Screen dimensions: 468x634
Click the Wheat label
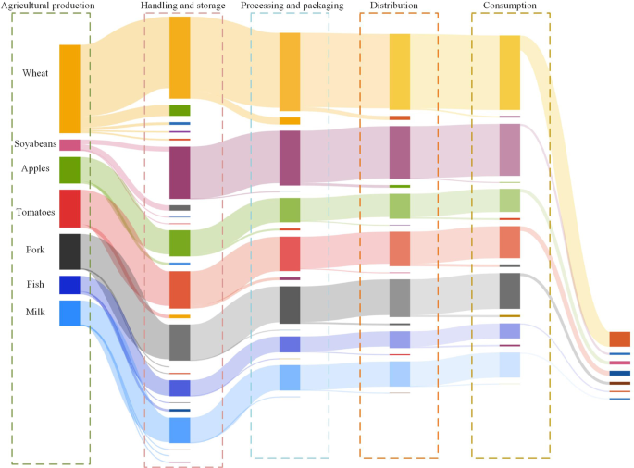pos(36,73)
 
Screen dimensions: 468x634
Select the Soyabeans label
pos(35,143)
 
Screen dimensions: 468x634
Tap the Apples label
pos(36,168)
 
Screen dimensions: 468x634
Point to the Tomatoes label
pos(36,212)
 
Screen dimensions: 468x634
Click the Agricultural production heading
pos(48,6)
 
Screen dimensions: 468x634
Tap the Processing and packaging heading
pos(292,6)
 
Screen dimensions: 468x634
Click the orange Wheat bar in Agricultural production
pos(69,89)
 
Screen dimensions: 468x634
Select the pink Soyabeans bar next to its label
pos(69,144)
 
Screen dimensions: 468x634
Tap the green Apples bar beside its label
pos(69,170)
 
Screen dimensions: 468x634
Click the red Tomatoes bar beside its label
pos(69,208)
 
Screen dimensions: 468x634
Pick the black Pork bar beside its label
pos(69,252)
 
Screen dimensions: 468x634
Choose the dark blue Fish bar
pos(69,285)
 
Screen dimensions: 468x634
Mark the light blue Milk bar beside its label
pos(69,314)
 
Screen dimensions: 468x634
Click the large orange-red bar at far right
pos(619,339)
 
